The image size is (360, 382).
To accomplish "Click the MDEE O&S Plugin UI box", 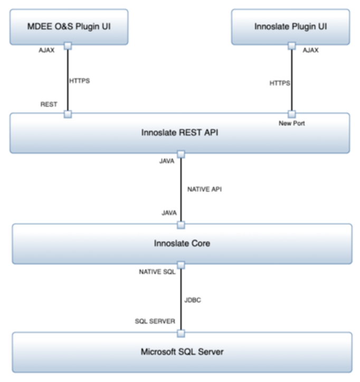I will point(68,26).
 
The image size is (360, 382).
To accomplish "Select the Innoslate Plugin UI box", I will point(291,26).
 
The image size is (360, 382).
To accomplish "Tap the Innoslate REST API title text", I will point(180,132).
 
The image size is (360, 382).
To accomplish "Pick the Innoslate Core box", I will point(182,244).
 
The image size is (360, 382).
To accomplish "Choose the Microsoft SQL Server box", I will point(182,351).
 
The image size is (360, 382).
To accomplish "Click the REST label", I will point(49,104).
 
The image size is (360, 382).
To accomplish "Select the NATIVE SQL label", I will point(157,272).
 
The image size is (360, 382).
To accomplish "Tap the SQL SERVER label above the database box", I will point(155,321).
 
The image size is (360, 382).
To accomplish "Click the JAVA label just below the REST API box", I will point(167,161).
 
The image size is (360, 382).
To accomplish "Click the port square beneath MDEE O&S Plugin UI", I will point(68,46).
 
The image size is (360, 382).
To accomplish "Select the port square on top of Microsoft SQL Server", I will point(181,333).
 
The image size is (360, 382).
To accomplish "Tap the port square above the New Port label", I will point(291,113).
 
